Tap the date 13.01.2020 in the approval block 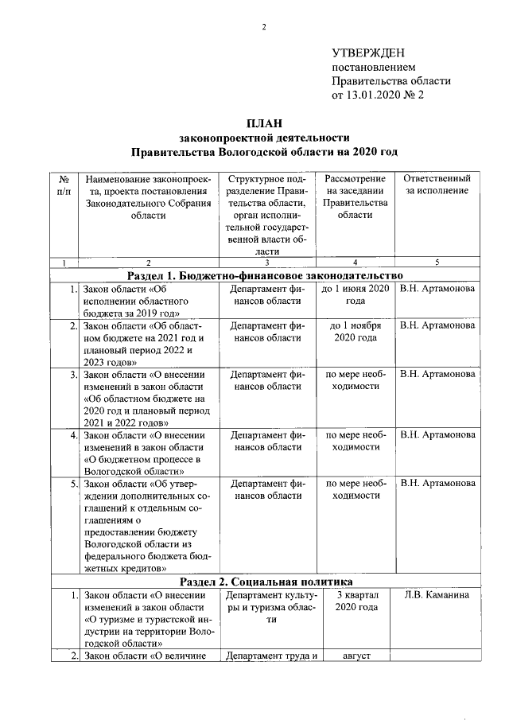[374, 95]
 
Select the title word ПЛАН [263, 122]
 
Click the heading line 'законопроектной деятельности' [264, 136]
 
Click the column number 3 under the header [266, 263]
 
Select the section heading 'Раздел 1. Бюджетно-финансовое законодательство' [264, 275]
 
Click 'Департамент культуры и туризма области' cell [266, 607]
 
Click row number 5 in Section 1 [73, 484]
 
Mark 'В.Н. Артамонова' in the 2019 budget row [437, 288]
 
